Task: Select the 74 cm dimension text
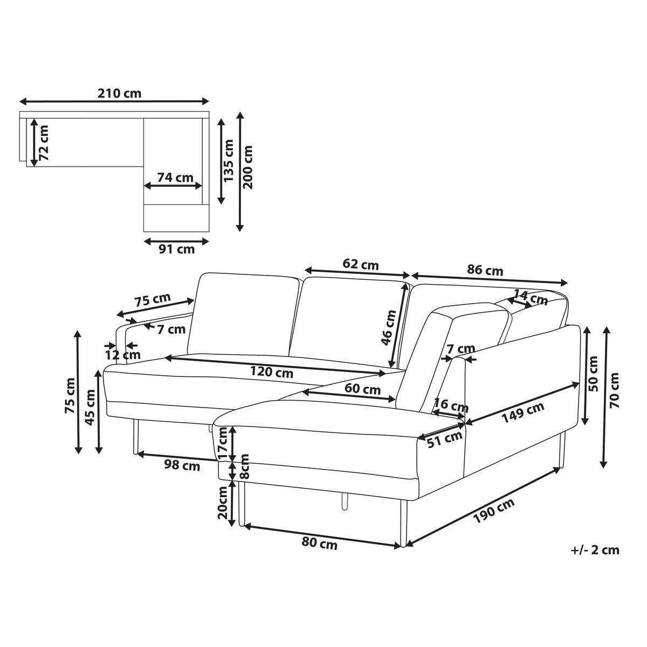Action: coord(175,177)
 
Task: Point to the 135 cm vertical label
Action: coord(229,161)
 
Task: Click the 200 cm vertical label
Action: coord(247,167)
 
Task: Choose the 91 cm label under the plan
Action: coord(177,249)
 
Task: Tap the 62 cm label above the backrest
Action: coord(361,265)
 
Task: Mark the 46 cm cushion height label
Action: coord(389,328)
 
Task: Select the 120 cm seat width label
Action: coord(272,372)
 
